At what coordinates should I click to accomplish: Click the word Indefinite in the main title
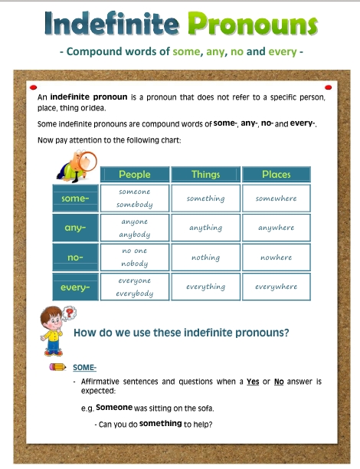click(x=112, y=23)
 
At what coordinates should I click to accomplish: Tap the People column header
click(x=135, y=175)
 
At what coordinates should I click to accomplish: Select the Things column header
click(x=206, y=175)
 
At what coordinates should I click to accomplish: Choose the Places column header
click(x=277, y=175)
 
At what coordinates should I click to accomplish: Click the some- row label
click(x=75, y=198)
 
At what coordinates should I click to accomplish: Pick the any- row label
click(x=75, y=228)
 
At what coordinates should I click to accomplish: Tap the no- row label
click(x=75, y=257)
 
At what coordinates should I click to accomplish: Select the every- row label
click(x=75, y=287)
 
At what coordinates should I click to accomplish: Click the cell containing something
click(x=206, y=198)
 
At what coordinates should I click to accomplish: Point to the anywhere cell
click(x=277, y=228)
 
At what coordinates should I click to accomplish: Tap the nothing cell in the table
click(x=206, y=257)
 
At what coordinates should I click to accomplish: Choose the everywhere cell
click(x=277, y=287)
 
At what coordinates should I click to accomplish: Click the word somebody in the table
click(x=135, y=205)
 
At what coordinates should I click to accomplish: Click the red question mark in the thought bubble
click(x=70, y=313)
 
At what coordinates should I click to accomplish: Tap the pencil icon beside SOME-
click(x=57, y=367)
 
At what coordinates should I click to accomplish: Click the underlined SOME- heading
click(x=84, y=367)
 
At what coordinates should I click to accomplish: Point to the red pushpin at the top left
click(x=33, y=87)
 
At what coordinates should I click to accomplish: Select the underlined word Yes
click(x=253, y=382)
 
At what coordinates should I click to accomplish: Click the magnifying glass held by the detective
click(x=87, y=161)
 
